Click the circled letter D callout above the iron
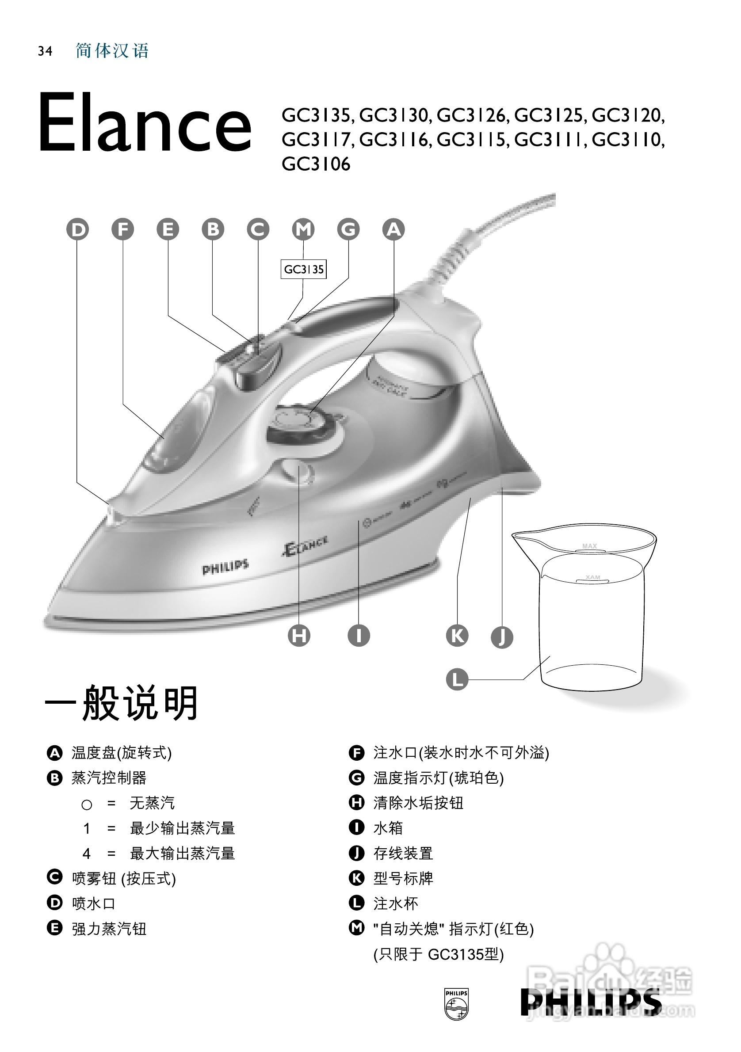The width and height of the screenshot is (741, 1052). click(x=78, y=229)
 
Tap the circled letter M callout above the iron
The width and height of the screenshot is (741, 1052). click(x=303, y=229)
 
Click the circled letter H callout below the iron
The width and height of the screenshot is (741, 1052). click(x=299, y=636)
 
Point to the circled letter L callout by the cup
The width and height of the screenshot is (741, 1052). click(x=457, y=679)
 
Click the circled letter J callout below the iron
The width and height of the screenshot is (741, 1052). click(x=502, y=637)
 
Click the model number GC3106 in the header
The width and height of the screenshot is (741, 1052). click(x=316, y=164)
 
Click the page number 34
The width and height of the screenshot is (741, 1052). click(x=45, y=51)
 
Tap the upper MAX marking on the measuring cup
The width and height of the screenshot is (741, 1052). click(x=589, y=546)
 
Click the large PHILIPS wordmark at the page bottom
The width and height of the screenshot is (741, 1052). click(x=590, y=1002)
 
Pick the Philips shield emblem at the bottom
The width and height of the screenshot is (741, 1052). click(x=456, y=1003)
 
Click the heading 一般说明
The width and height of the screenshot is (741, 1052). click(x=122, y=703)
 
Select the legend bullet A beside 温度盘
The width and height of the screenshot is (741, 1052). click(x=54, y=753)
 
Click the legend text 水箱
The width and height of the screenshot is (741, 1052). click(x=388, y=828)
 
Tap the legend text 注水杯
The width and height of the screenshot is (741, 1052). click(x=395, y=903)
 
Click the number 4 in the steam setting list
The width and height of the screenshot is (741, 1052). click(x=87, y=853)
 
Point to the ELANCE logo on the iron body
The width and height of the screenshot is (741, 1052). click(x=305, y=545)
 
